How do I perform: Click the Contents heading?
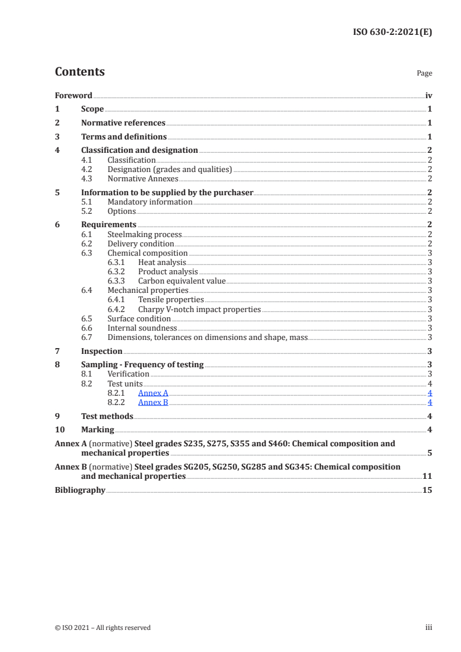tap(80, 72)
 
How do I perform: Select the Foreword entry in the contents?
tap(73, 95)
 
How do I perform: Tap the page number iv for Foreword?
tap(428, 95)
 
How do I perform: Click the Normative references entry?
tap(123, 123)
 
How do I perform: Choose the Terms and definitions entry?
tap(124, 137)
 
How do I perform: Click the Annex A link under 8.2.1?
tap(153, 393)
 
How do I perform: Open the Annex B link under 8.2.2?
tap(153, 402)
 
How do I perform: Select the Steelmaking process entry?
tap(145, 234)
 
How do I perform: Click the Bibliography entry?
tap(80, 490)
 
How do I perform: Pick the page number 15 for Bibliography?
tap(427, 490)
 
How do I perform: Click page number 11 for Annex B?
tap(427, 476)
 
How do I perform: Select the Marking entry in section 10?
tap(98, 430)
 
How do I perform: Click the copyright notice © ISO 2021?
tap(102, 628)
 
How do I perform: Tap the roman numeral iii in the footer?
tap(428, 628)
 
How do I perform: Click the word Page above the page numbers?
tap(424, 74)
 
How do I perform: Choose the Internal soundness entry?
tap(142, 328)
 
